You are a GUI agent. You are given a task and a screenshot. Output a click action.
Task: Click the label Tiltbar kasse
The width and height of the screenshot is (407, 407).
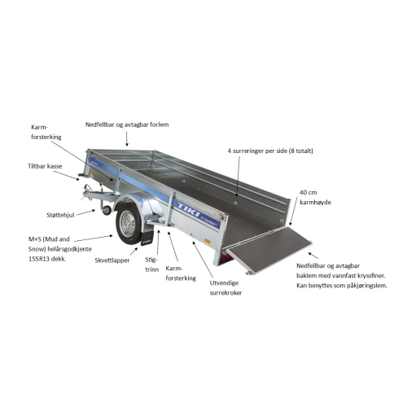click(45, 166)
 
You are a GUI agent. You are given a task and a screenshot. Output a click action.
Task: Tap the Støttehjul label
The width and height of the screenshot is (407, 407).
click(60, 215)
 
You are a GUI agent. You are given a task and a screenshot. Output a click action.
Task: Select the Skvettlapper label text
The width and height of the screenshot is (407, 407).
click(112, 260)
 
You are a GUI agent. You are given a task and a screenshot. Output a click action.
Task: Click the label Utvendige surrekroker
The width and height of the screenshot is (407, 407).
click(225, 288)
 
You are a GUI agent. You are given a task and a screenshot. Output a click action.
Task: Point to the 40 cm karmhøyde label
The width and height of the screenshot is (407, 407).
click(315, 197)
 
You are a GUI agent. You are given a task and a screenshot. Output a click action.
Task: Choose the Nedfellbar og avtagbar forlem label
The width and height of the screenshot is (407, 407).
click(127, 125)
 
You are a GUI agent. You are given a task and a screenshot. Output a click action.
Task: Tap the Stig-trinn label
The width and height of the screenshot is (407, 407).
click(151, 265)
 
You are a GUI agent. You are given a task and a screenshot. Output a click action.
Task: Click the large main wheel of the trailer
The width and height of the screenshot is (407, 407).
click(129, 225)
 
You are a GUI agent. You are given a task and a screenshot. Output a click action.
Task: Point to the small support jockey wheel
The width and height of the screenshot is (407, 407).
click(107, 210)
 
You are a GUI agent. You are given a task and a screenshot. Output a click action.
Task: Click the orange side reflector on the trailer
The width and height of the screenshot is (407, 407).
click(208, 241)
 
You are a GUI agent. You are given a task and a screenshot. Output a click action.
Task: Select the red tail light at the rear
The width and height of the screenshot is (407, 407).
click(225, 258)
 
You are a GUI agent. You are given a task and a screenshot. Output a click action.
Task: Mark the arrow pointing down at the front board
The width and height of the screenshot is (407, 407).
click(127, 139)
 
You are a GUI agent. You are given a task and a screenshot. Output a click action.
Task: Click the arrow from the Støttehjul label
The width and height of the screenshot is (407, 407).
click(85, 212)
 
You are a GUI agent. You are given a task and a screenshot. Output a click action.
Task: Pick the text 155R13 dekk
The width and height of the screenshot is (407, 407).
click(47, 259)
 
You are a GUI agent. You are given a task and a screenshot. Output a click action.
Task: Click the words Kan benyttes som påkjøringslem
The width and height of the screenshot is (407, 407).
click(342, 286)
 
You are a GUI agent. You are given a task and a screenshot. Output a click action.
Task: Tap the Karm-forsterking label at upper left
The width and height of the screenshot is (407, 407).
click(46, 132)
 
